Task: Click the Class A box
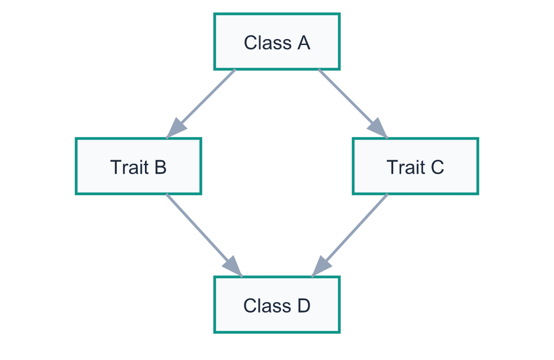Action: click(277, 42)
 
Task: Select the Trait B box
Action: click(138, 166)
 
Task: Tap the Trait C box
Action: click(415, 166)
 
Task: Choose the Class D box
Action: click(277, 305)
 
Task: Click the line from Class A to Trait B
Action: click(208, 97)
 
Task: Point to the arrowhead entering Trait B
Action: click(175, 129)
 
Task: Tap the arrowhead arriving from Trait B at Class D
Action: click(232, 268)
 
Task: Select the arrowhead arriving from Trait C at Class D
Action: click(320, 268)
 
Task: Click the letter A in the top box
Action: click(303, 43)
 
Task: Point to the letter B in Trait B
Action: click(160, 167)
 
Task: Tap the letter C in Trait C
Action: click(437, 167)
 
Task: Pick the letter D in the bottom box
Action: click(303, 306)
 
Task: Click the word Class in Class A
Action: click(267, 43)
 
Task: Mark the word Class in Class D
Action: click(267, 306)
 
